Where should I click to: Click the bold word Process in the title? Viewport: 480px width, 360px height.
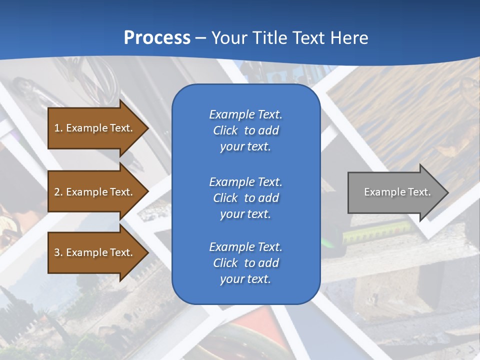(157, 38)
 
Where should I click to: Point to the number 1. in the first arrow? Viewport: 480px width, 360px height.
(58, 128)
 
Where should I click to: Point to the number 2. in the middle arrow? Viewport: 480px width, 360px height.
(58, 192)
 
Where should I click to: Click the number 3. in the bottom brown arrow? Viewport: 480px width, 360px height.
(58, 252)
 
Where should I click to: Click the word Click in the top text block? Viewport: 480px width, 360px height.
(225, 130)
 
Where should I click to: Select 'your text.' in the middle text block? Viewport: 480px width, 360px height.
(245, 214)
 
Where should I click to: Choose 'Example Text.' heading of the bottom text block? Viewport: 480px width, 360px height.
(245, 247)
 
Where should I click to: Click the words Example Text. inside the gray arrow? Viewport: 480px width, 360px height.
(397, 192)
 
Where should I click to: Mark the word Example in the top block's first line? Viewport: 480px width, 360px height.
(232, 114)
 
